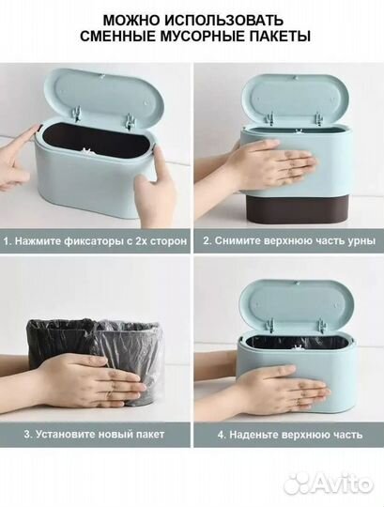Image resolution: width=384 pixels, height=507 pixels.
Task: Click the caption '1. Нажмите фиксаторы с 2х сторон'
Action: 94,241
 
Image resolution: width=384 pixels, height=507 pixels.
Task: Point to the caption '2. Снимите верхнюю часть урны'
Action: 287,241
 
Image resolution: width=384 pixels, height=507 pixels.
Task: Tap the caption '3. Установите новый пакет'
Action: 94,434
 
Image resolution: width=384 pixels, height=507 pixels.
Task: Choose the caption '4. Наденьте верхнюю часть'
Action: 287,434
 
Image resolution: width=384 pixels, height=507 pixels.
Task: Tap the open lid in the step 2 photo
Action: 287,94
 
